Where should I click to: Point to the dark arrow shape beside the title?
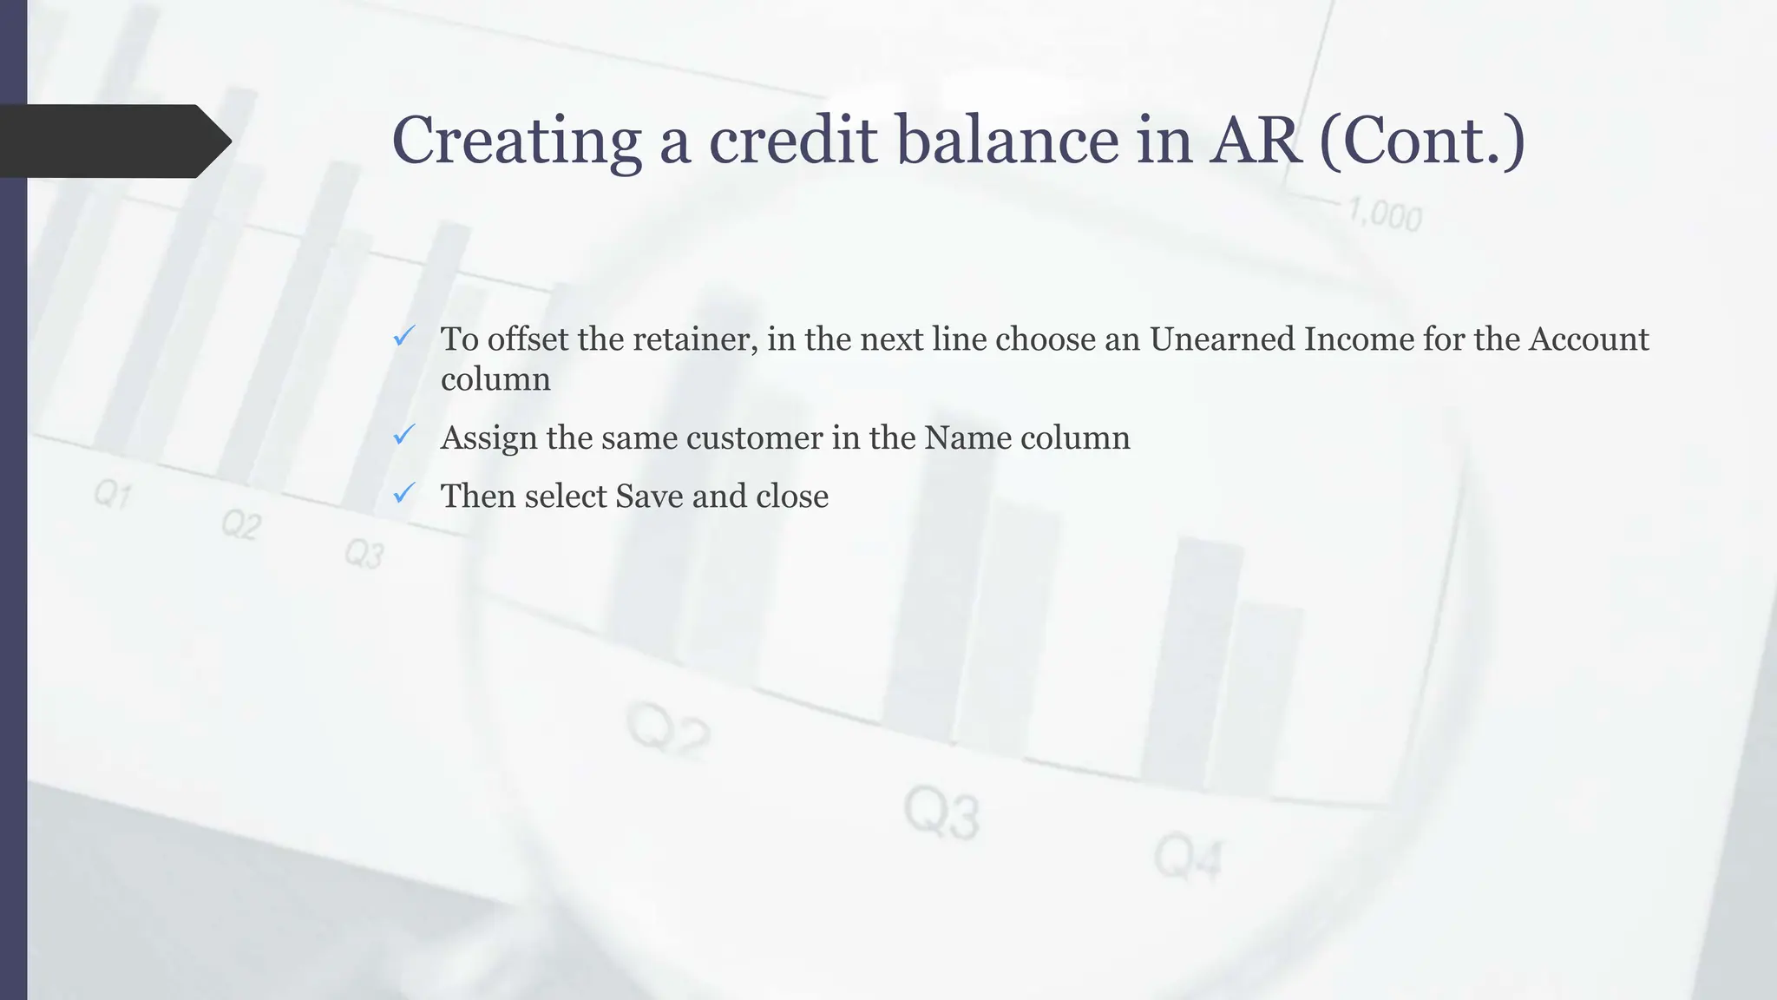[113, 141]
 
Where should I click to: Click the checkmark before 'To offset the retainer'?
[403, 337]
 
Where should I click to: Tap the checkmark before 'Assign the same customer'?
[403, 435]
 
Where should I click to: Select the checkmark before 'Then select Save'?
[403, 494]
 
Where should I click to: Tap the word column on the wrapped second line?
[495, 379]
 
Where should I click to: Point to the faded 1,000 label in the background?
[1385, 214]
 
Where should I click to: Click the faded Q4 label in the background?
[1187, 858]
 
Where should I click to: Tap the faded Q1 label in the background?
[113, 496]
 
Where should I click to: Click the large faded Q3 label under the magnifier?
[941, 813]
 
